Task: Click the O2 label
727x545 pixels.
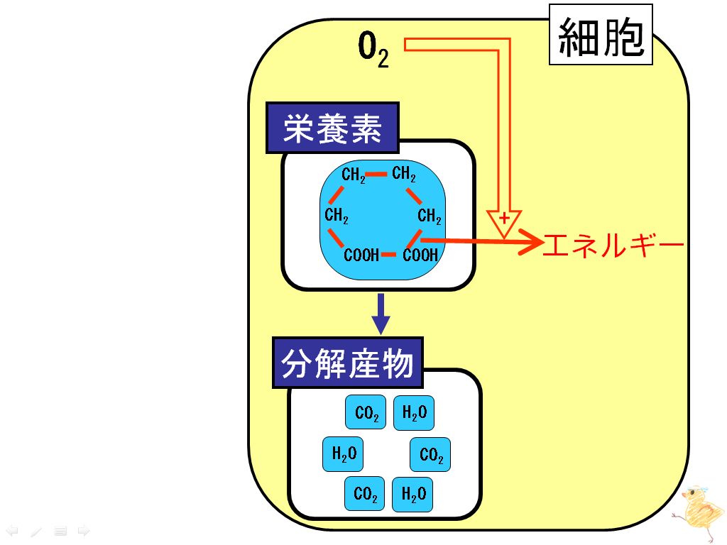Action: click(373, 50)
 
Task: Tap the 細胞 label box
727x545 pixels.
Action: click(601, 34)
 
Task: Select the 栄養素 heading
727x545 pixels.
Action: click(332, 128)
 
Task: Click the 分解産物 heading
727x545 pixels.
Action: click(347, 363)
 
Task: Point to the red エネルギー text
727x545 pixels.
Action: click(613, 245)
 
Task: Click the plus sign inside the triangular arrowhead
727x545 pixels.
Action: click(505, 218)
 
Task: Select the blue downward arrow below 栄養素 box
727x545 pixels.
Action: click(381, 314)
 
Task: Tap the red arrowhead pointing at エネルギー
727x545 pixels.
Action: click(531, 241)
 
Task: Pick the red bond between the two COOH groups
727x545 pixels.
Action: click(388, 255)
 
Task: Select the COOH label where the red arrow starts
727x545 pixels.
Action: click(420, 255)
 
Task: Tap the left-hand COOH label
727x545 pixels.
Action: click(361, 255)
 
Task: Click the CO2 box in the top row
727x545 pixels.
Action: click(366, 412)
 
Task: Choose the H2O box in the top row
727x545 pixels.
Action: click(414, 412)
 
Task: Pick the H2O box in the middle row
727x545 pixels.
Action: click(343, 453)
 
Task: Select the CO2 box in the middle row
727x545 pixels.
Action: click(430, 454)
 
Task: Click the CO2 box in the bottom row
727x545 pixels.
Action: click(364, 494)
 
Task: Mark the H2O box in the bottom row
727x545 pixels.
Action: click(412, 495)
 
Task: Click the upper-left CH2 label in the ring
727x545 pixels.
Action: click(354, 175)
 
